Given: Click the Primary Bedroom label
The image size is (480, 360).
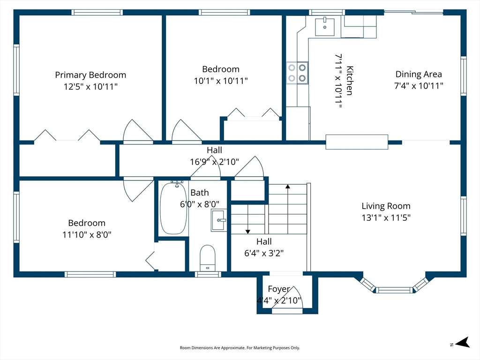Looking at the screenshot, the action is [x=90, y=75].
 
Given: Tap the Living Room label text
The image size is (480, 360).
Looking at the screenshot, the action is [x=386, y=206].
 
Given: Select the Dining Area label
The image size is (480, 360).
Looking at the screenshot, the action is [x=419, y=74].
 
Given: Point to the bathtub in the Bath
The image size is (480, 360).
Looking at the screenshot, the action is [x=173, y=208].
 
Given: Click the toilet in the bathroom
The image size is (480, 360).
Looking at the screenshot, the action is [x=208, y=258].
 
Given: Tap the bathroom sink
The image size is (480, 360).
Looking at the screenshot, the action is [x=219, y=220].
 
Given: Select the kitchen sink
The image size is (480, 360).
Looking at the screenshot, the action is [x=325, y=27].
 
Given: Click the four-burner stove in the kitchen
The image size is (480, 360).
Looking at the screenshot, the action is [x=297, y=73].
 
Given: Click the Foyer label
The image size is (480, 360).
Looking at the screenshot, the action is [x=279, y=289].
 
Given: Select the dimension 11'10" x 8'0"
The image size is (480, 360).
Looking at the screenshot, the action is [x=87, y=235].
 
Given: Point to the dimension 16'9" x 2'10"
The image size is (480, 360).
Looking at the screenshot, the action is [x=215, y=162].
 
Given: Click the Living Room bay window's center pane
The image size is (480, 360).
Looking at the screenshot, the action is [x=394, y=290].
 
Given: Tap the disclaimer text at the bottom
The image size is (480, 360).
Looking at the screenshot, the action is [x=240, y=348].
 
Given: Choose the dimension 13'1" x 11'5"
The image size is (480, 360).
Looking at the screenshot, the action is [x=386, y=217].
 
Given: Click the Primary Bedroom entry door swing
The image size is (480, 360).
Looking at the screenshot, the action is [x=138, y=132].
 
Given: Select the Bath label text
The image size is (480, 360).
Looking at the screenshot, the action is [x=200, y=193].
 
